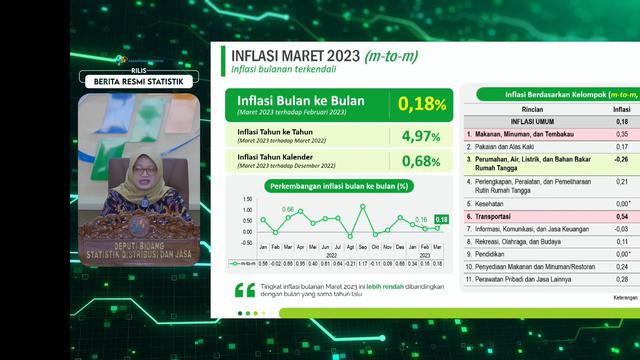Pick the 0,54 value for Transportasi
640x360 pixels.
[621, 216]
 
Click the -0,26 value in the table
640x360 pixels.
[620, 159]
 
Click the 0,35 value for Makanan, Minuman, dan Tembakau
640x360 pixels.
[621, 133]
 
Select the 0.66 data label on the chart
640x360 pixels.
[288, 210]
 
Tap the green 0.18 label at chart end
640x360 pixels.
[441, 219]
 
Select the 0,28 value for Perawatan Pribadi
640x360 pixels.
[621, 281]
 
